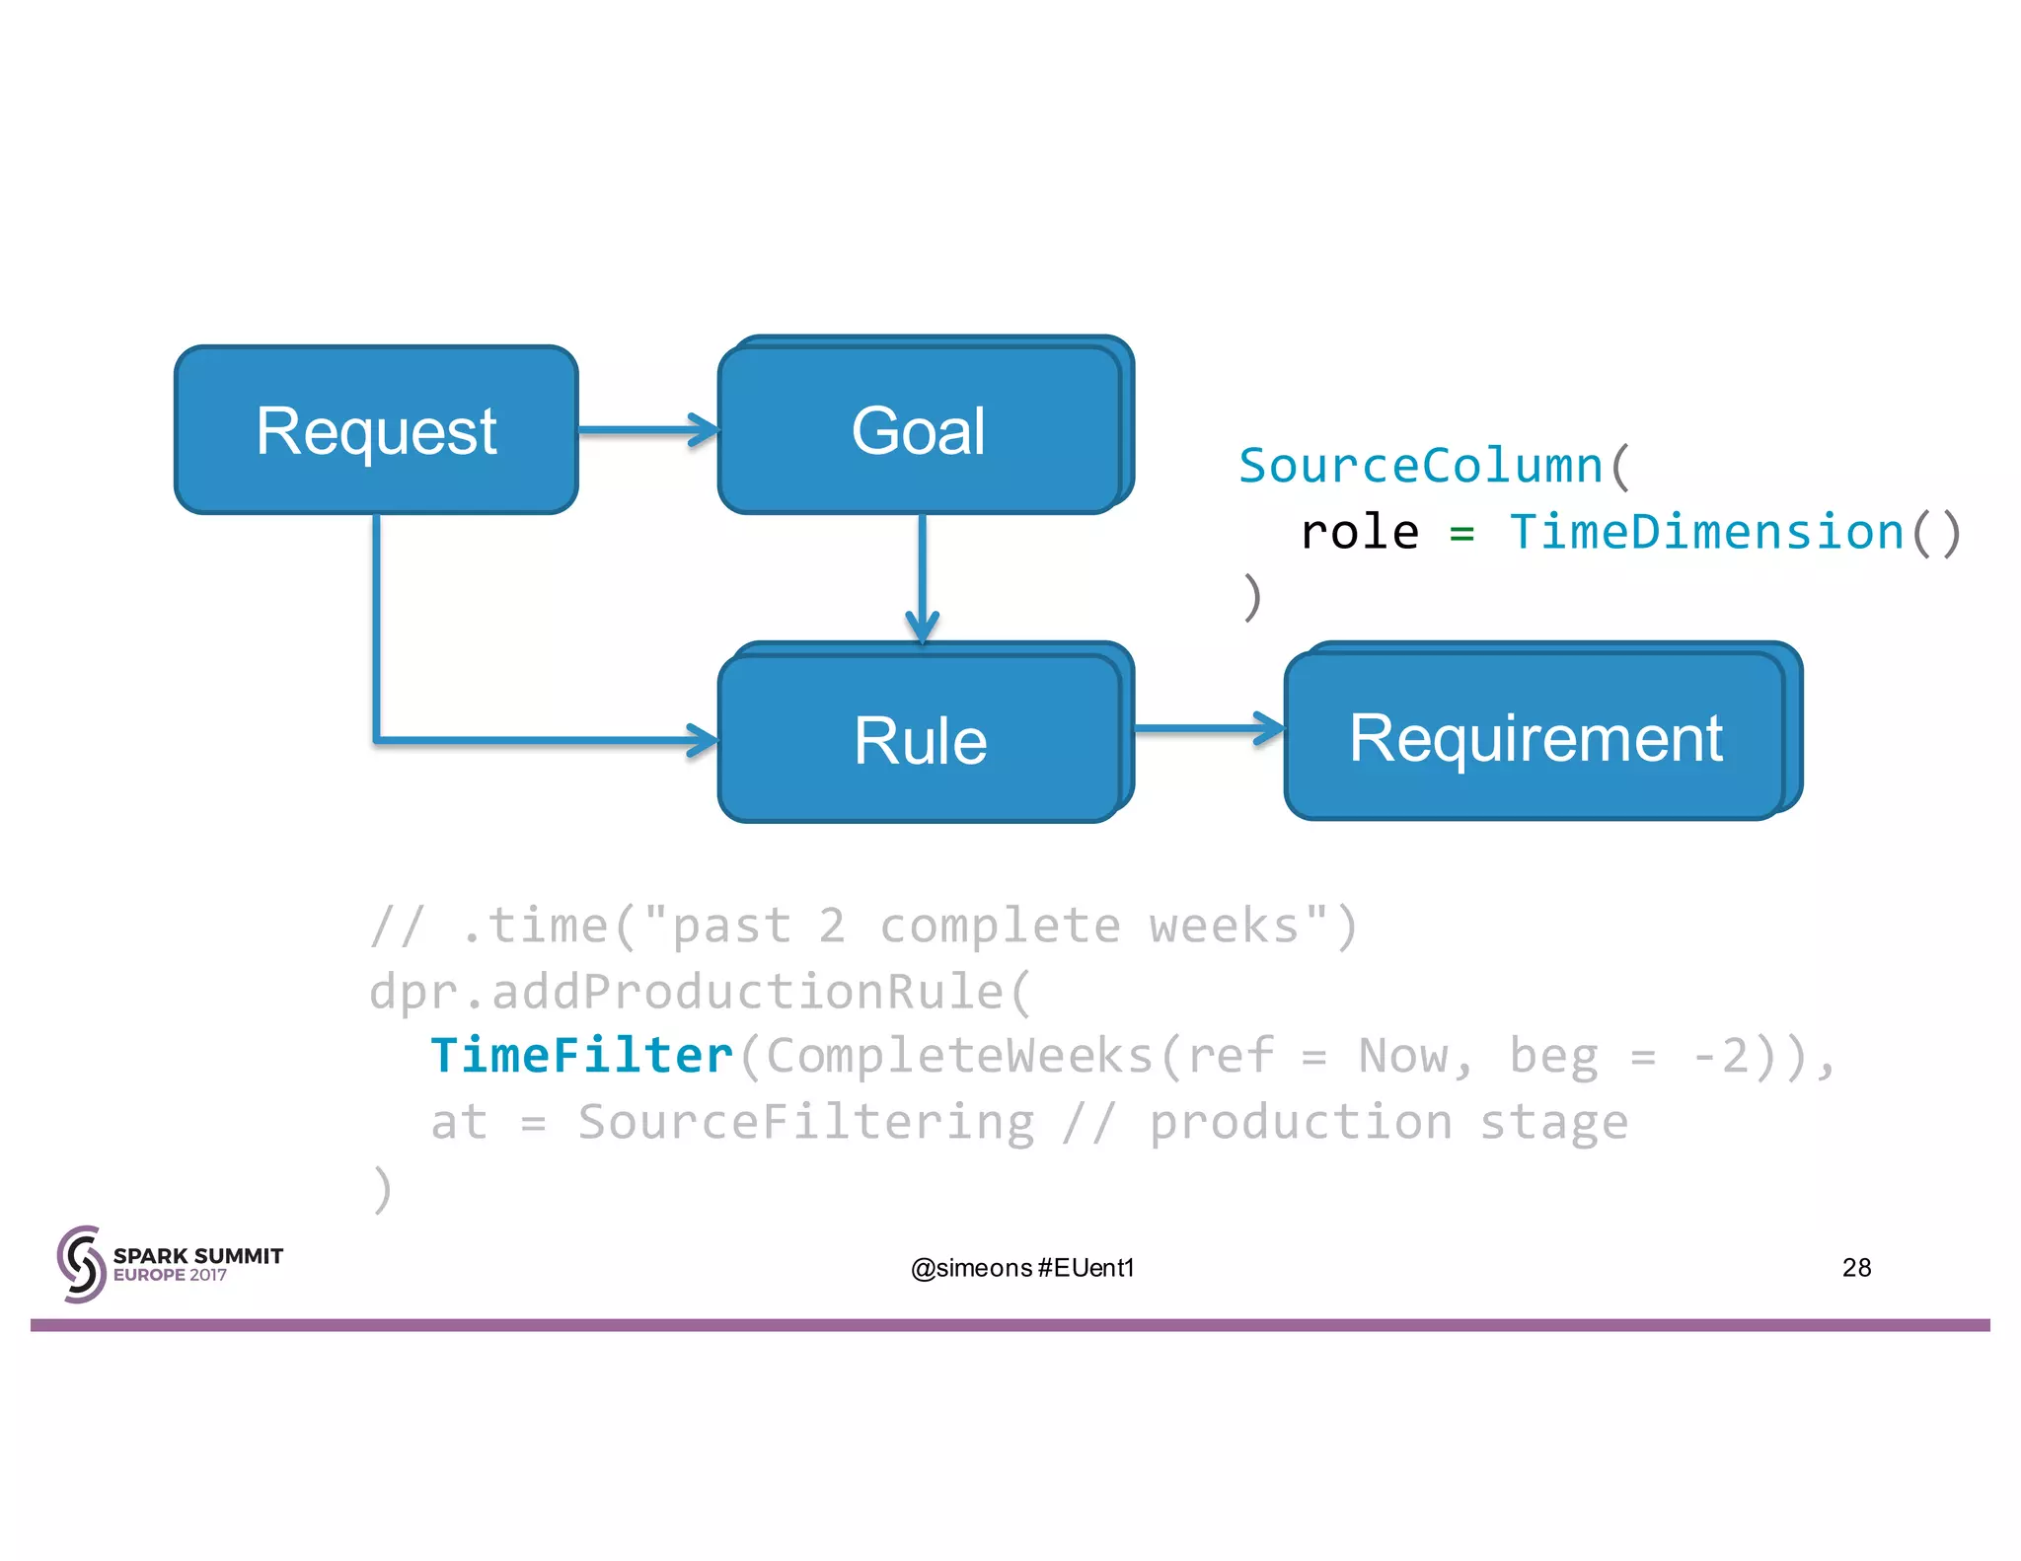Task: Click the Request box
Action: (x=376, y=430)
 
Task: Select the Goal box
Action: (x=919, y=430)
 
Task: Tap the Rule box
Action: (x=920, y=739)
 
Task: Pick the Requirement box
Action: (x=1535, y=737)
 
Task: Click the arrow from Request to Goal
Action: (x=646, y=430)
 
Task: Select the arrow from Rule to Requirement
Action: (x=1207, y=729)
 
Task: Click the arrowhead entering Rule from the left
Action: (x=703, y=739)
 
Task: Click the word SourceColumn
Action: (x=1420, y=466)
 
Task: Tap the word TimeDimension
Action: (x=1706, y=532)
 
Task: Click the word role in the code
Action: (x=1360, y=533)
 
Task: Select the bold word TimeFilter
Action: (x=582, y=1056)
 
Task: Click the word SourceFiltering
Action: (x=805, y=1122)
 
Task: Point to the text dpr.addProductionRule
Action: (x=687, y=991)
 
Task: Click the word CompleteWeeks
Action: (x=959, y=1056)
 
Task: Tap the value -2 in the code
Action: (x=1721, y=1056)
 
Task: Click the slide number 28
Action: (x=1856, y=1267)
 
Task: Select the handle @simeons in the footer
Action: (x=971, y=1268)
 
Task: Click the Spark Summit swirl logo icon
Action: (x=81, y=1264)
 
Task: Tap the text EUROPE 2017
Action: (x=170, y=1275)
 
